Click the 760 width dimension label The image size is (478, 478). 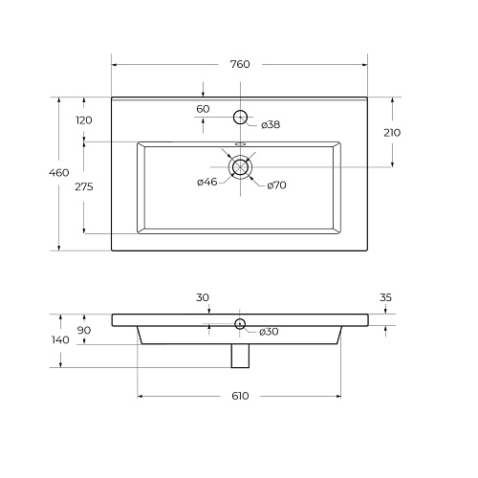point(240,64)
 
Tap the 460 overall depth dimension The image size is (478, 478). point(59,173)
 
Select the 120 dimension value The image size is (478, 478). point(84,120)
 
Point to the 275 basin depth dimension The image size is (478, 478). point(84,186)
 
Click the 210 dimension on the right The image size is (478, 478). point(392,133)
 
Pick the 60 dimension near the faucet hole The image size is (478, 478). point(203,109)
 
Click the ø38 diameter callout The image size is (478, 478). point(271,124)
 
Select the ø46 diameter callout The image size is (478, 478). point(207,182)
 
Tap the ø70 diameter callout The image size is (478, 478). point(276,185)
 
